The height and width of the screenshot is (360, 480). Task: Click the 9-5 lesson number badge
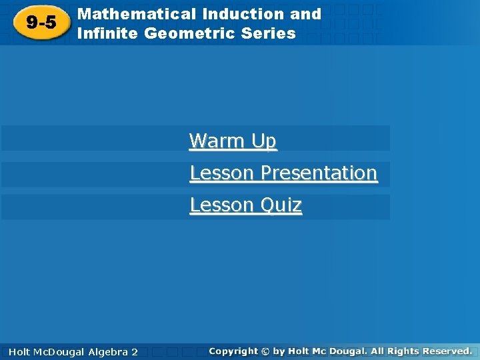(x=41, y=23)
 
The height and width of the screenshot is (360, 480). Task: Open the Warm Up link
(x=233, y=141)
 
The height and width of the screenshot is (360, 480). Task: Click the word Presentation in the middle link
(x=319, y=173)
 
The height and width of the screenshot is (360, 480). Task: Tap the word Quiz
(x=280, y=205)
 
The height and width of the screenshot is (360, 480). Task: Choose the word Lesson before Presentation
(x=222, y=173)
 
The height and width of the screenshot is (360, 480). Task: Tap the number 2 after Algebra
(x=134, y=351)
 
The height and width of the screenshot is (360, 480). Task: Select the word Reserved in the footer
(x=445, y=351)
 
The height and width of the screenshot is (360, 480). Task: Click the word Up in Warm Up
(x=263, y=141)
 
